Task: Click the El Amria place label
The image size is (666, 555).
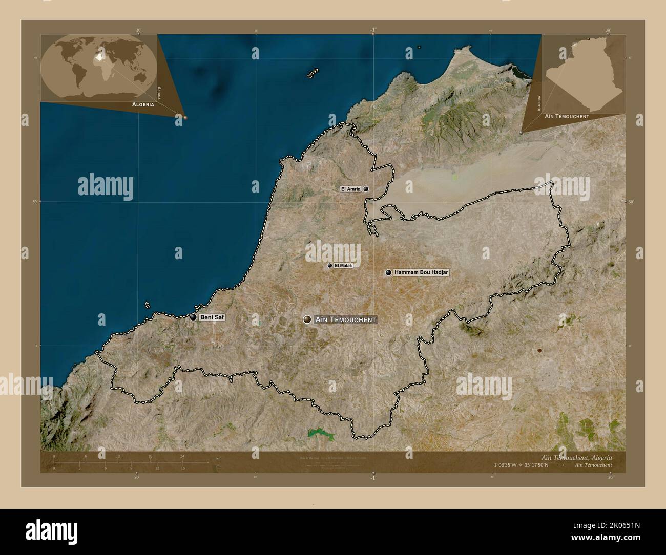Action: coord(351,189)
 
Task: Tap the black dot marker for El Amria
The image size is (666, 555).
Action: coord(366,189)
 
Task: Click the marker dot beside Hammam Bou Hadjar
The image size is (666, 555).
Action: coord(389,273)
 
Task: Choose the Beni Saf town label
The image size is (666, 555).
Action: coord(212,317)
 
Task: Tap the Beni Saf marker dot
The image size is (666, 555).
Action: coord(193,317)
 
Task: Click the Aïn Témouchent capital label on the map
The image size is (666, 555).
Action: coord(346,319)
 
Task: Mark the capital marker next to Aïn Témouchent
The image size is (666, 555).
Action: coord(307,319)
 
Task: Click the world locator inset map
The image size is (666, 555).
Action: coord(98,67)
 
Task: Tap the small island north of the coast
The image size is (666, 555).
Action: coord(313,74)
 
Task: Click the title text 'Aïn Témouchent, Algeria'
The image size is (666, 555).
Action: coord(576,457)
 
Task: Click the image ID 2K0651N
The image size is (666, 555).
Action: coord(631,542)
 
